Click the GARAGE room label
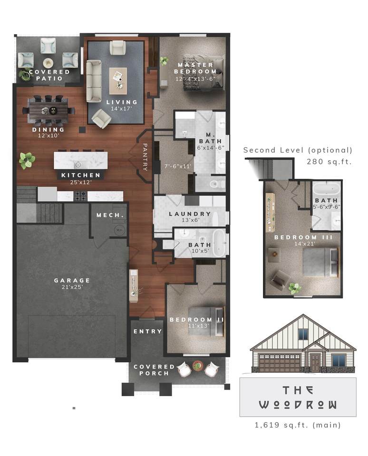72,280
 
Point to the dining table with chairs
51,110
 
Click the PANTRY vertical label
145,158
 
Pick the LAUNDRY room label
189,214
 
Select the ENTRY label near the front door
147,331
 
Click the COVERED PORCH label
154,370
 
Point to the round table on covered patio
48,63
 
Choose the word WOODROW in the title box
298,405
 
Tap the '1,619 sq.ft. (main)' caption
298,425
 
